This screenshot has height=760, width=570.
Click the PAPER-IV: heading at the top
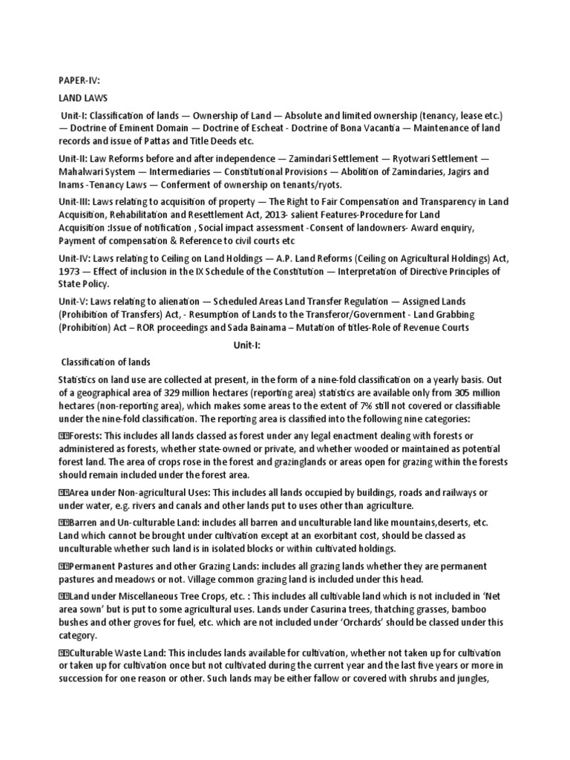[79, 79]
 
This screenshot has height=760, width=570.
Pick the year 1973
[71, 270]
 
